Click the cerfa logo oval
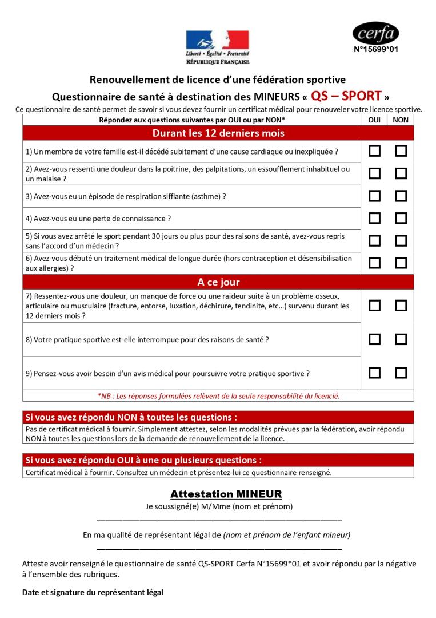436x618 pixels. [375, 33]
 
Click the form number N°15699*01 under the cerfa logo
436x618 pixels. [375, 50]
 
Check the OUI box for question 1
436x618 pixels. [374, 152]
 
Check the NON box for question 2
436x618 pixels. [401, 173]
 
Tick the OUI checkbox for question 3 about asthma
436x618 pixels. [374, 196]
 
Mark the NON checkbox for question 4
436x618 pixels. [401, 218]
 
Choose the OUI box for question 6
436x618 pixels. [374, 263]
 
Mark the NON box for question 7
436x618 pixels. [401, 306]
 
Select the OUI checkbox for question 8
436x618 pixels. [374, 339]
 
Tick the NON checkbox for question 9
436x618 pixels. [401, 373]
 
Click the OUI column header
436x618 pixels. [374, 120]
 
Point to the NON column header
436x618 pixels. [401, 120]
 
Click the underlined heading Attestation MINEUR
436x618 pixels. [218, 493]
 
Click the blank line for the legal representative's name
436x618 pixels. [219, 520]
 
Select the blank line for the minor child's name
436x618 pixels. [219, 549]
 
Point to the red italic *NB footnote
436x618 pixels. [218, 395]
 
